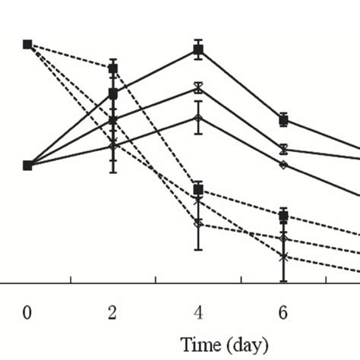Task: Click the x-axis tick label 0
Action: (27, 312)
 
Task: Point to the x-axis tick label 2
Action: (113, 312)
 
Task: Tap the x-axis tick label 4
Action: (198, 312)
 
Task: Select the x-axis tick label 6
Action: (283, 312)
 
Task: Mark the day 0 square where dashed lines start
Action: (27, 44)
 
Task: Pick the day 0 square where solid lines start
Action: (27, 165)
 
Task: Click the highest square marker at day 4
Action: (198, 50)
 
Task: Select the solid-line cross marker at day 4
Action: (198, 88)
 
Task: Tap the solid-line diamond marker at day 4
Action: (198, 118)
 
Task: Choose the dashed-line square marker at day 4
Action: (198, 189)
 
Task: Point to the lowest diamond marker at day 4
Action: (198, 223)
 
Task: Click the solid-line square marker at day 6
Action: (283, 119)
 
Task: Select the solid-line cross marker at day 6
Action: (283, 149)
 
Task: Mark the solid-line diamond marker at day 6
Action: (283, 164)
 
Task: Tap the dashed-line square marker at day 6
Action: (283, 216)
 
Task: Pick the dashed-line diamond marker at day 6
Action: (283, 238)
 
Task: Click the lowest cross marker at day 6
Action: (283, 257)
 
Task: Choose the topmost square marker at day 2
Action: (113, 68)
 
